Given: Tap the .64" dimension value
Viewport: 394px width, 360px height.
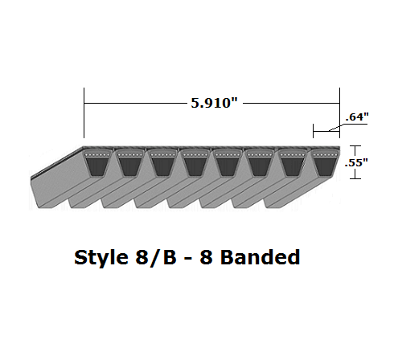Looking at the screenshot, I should pos(356,117).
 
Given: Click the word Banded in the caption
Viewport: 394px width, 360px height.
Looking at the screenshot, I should pos(260,259).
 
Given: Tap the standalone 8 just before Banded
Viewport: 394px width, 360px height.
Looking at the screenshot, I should pos(209,259).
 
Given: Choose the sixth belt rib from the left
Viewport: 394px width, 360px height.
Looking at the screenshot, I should pos(260,165).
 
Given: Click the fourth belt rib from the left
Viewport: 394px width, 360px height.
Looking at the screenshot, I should pos(194,165).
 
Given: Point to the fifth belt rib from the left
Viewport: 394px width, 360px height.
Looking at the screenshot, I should pos(227,165).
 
